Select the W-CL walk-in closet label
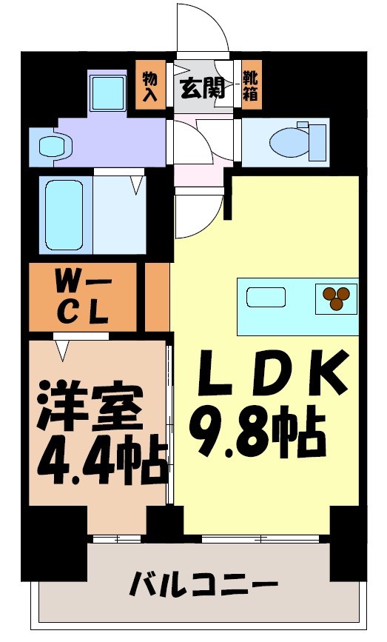[83, 296]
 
